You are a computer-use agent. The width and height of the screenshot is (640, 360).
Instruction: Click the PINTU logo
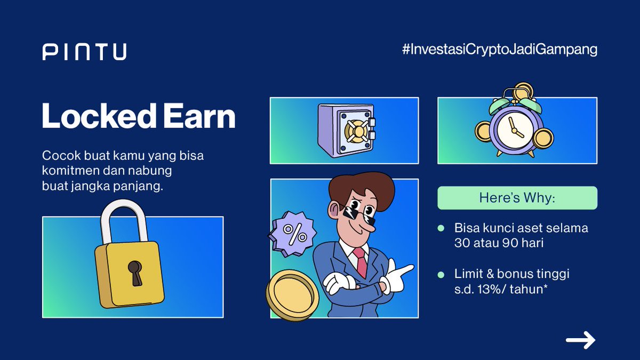[84, 52]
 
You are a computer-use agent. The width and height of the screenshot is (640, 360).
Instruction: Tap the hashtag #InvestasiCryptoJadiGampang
[499, 50]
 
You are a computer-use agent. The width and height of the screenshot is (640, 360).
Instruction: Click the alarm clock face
[514, 129]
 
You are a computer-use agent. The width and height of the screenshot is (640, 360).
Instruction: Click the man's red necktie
[361, 261]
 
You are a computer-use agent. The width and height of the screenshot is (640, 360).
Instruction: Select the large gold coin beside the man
[292, 294]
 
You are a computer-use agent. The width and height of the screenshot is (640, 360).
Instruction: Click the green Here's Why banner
[517, 198]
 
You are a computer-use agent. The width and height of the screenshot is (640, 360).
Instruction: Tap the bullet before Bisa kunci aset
[441, 228]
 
